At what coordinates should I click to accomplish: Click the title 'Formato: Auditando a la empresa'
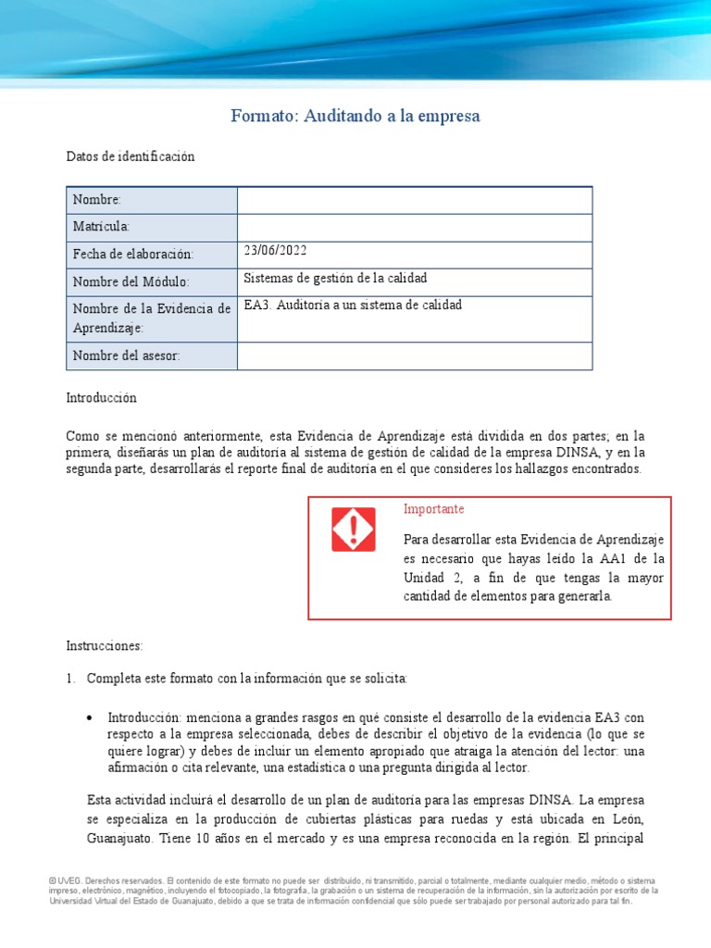coord(355,117)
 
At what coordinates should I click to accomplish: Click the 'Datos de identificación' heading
coord(131,156)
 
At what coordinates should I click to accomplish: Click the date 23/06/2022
coord(275,251)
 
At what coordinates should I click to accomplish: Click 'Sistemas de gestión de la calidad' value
coord(335,278)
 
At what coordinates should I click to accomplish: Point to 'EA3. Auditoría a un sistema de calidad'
coord(353,305)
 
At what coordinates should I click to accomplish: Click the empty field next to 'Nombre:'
coord(414,200)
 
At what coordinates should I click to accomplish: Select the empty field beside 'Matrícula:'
coord(414,228)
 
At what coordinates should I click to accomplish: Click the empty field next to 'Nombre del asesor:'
coord(414,356)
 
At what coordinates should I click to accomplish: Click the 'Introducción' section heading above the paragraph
coord(101,397)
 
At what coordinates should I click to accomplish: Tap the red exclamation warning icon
coord(353,530)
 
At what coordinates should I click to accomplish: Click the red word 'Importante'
coord(434,509)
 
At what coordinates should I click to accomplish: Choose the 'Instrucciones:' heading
coord(105,644)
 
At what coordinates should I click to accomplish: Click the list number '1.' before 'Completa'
coord(70,679)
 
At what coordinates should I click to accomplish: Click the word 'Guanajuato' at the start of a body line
coord(100,841)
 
